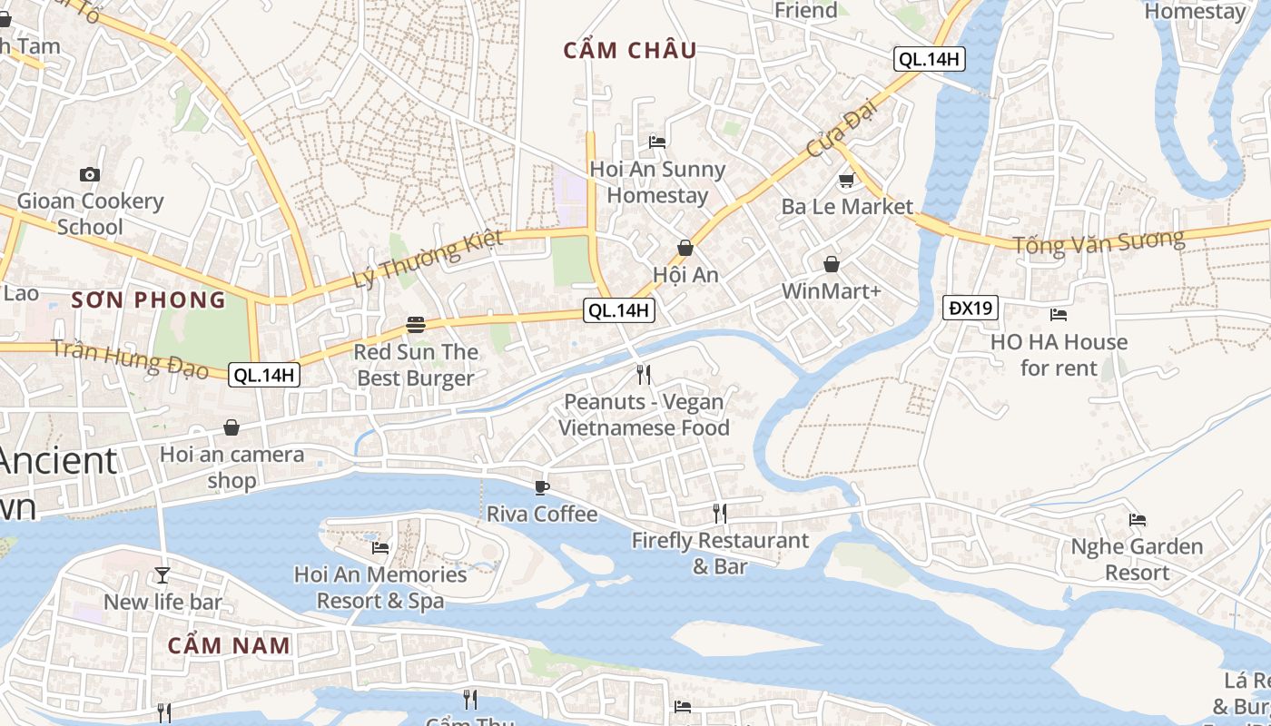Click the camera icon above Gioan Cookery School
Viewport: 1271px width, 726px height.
tap(90, 174)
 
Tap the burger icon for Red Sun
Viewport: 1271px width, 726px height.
tap(416, 324)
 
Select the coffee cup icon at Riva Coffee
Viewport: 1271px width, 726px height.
tap(542, 487)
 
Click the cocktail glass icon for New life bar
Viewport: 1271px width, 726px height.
tap(163, 574)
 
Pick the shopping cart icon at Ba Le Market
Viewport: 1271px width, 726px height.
tap(846, 180)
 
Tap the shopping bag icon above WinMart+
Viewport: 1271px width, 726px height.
tap(831, 264)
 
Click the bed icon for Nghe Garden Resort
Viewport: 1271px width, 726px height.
tap(1137, 520)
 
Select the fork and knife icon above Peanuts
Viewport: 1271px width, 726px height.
tap(644, 374)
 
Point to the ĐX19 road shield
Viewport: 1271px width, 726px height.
tap(970, 308)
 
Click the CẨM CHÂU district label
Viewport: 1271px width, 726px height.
tap(630, 51)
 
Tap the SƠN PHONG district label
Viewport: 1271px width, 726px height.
tap(148, 299)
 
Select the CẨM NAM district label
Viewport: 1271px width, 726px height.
tap(230, 646)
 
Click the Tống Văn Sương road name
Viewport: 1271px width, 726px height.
tap(1099, 241)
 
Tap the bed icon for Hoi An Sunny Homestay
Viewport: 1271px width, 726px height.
tap(657, 142)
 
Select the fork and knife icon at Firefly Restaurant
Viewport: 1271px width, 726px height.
tap(719, 514)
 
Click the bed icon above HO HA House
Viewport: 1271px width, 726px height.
tap(1058, 315)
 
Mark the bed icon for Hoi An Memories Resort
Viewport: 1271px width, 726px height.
tap(380, 547)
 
